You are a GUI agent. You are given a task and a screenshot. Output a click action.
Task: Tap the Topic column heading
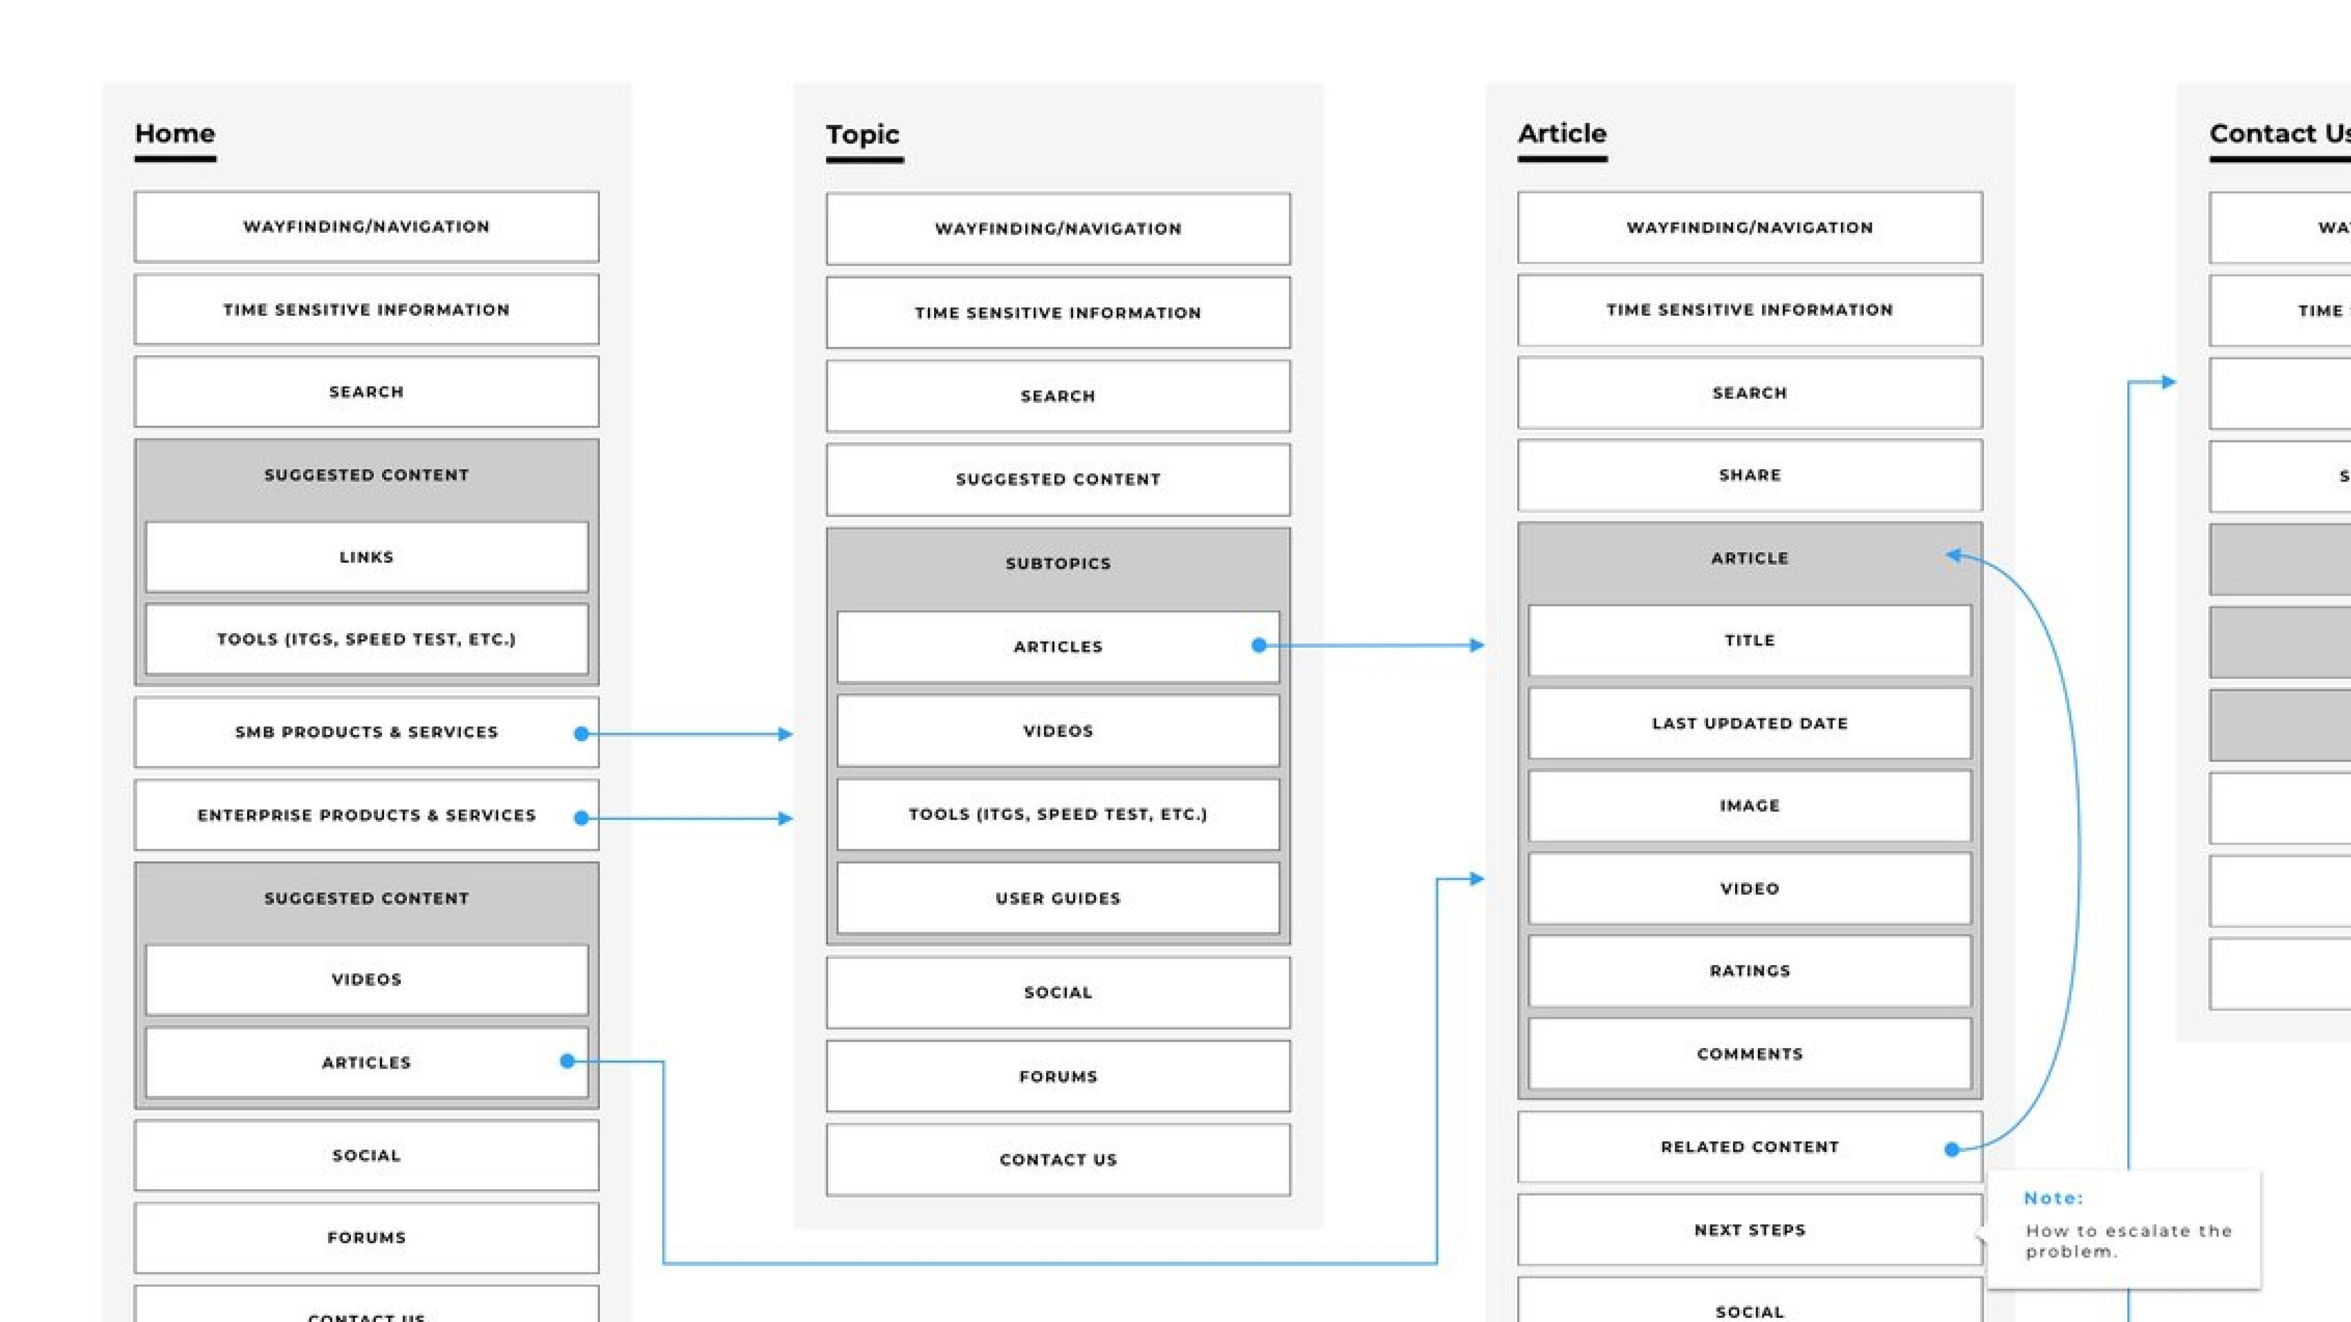[x=862, y=135]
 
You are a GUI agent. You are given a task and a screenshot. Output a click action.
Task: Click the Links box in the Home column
[x=366, y=557]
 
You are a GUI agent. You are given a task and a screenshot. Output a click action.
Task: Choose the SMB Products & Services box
[x=366, y=732]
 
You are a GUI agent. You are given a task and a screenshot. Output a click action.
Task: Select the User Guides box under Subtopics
[x=1058, y=898]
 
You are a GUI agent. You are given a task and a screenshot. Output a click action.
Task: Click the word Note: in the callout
[x=2053, y=1198]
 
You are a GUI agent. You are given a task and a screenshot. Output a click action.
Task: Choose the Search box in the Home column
[x=366, y=391]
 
